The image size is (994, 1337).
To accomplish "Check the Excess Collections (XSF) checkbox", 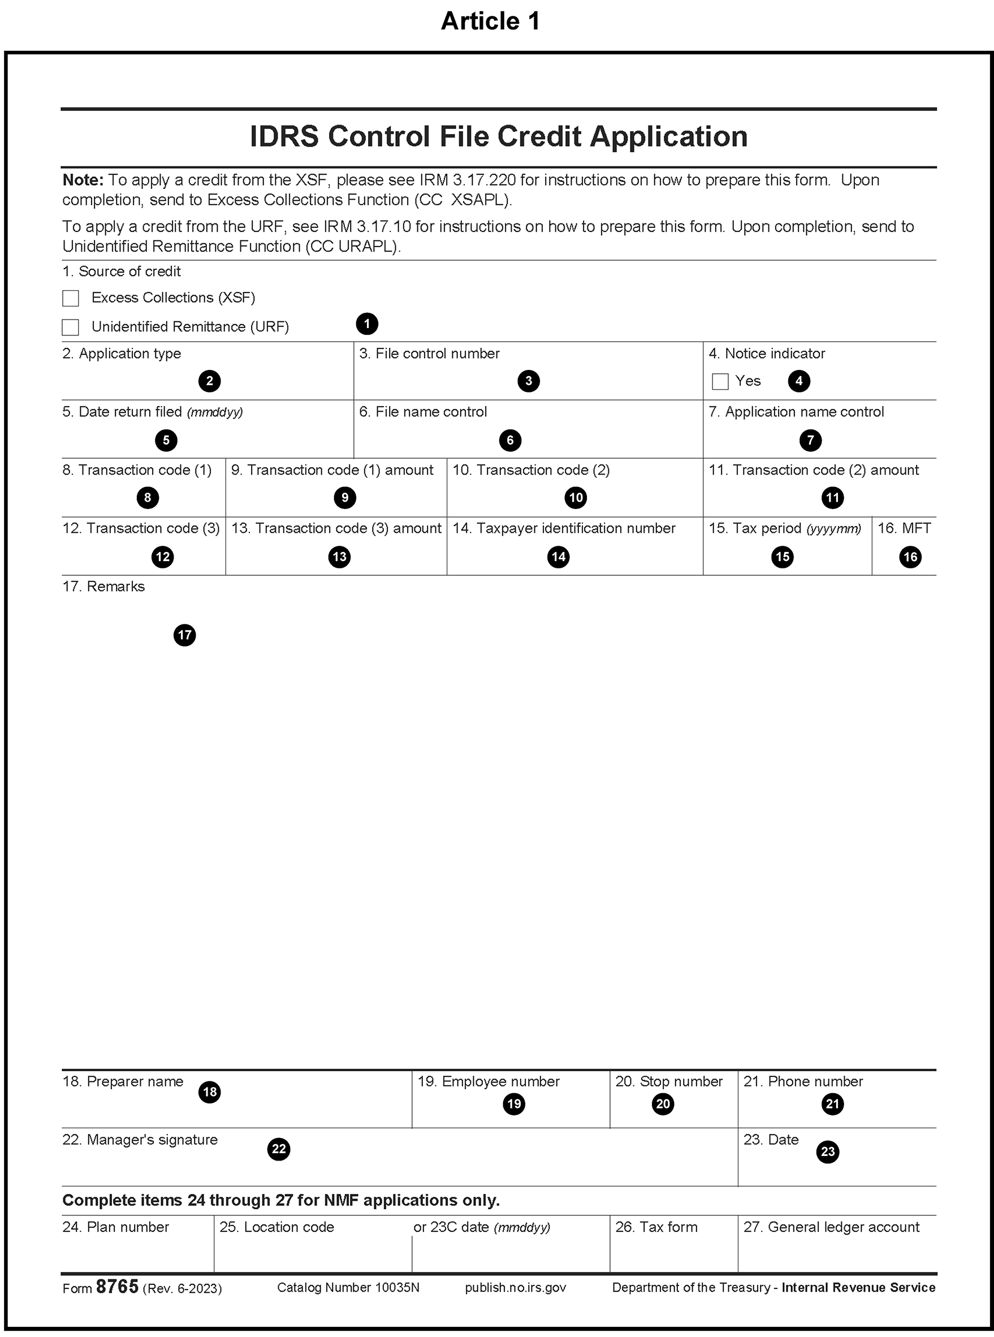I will point(71,299).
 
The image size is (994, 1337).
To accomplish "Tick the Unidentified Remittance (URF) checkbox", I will point(71,327).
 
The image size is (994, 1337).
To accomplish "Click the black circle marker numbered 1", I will point(367,324).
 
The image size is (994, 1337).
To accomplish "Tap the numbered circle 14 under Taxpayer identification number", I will point(559,557).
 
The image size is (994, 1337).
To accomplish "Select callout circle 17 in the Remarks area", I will point(185,635).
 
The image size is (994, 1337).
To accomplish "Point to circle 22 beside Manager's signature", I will point(279,1149).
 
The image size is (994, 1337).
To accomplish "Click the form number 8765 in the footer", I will point(118,1287).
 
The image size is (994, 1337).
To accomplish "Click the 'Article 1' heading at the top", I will point(490,21).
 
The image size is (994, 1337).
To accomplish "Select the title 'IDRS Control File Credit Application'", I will point(498,137).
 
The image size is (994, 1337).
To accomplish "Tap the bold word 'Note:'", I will point(83,180).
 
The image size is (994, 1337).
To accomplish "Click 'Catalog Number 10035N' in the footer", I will point(348,1288).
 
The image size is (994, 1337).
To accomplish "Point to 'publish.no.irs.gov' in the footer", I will point(515,1288).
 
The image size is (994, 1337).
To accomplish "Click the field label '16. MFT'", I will point(904,528).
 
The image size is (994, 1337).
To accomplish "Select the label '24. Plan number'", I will point(115,1227).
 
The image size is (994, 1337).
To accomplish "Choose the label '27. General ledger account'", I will point(831,1227).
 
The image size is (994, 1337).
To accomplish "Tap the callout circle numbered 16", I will point(910,557).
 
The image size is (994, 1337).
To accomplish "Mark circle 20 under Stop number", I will point(663,1103).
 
